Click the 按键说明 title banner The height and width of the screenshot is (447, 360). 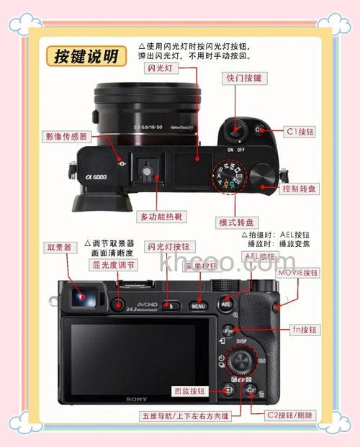[x=86, y=57]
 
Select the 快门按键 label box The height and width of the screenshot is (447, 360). [x=244, y=78]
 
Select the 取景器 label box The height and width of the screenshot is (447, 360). [x=59, y=247]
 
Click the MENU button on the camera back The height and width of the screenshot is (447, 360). [x=198, y=306]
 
